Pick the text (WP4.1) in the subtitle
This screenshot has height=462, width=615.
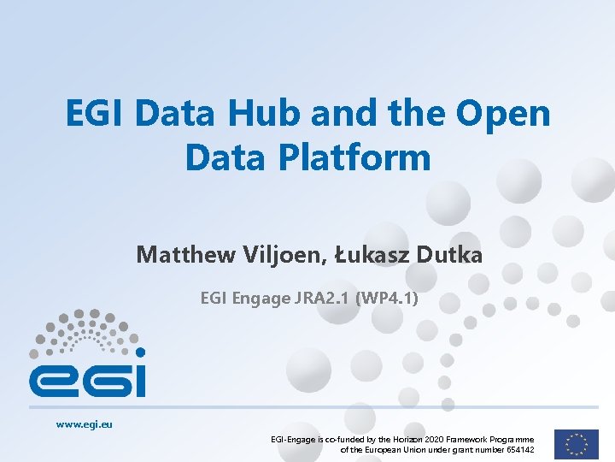point(387,299)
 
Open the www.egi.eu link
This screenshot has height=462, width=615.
point(85,423)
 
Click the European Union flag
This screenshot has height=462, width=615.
point(576,443)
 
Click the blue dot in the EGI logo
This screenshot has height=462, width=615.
point(140,352)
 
